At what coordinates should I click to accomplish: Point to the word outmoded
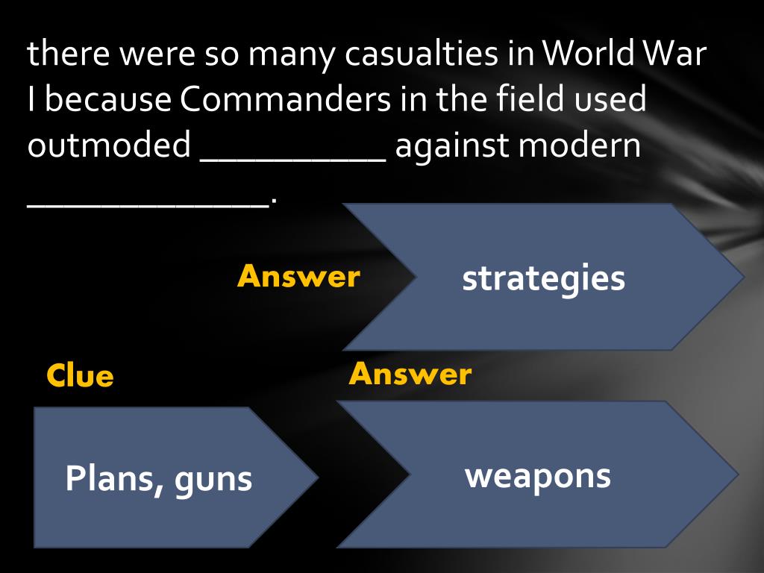tap(109, 146)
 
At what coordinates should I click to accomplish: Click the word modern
tap(580, 146)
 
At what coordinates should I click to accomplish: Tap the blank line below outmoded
tap(148, 204)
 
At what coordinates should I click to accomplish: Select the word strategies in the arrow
tap(543, 279)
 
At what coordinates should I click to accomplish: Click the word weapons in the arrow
tap(538, 475)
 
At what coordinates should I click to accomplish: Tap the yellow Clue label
tap(80, 376)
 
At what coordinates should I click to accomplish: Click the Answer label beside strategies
tap(298, 277)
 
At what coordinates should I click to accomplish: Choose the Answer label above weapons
tap(410, 374)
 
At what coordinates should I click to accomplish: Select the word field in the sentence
tap(533, 100)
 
